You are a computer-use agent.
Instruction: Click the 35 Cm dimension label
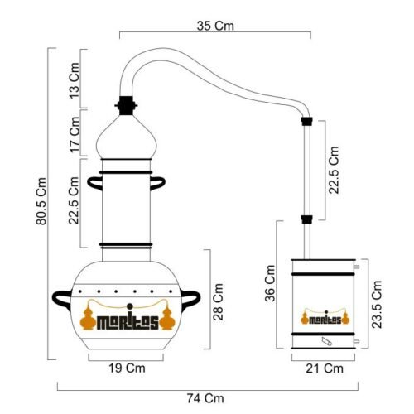[x=215, y=26]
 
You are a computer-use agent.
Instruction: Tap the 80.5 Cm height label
[x=41, y=201]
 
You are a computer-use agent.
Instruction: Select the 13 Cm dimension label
[x=75, y=80]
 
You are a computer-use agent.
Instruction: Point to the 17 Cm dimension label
[x=75, y=134]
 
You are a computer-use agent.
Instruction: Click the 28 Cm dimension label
[x=218, y=302]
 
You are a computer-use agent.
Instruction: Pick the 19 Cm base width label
[x=127, y=368]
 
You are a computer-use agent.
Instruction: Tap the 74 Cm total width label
[x=205, y=398]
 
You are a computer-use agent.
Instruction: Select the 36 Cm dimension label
[x=270, y=283]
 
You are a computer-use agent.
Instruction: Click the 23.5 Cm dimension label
[x=377, y=305]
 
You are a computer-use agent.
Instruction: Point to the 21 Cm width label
[x=325, y=368]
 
